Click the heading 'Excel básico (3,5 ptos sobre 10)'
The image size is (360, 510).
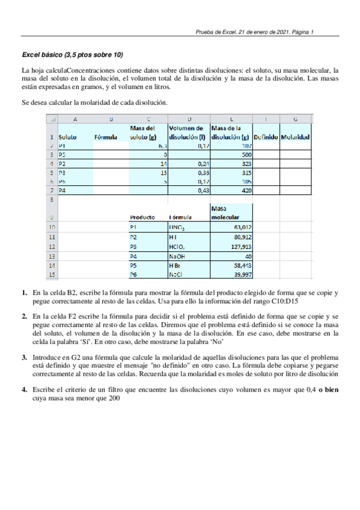[x=73, y=55]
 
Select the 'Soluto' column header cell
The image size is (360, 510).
[x=67, y=137]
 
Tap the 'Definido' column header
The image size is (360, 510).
[x=265, y=137]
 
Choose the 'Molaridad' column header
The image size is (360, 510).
[x=295, y=137]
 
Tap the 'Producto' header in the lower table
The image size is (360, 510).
[x=142, y=217]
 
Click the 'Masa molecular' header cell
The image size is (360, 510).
[x=231, y=213]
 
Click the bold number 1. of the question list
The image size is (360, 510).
[x=25, y=292]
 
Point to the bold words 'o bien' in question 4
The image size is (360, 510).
[x=328, y=390]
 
